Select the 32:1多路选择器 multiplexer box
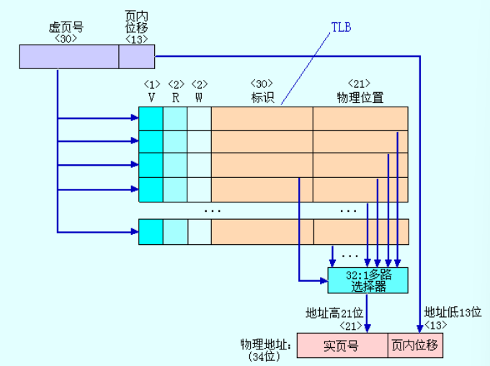click(367, 280)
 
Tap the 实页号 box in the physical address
click(342, 346)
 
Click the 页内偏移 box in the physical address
click(415, 346)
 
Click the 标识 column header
click(262, 97)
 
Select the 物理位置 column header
click(360, 97)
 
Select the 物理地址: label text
click(266, 344)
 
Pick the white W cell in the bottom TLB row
click(200, 231)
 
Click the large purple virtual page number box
click(69, 56)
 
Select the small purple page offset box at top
click(136, 56)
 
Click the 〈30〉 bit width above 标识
click(262, 84)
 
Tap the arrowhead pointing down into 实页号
click(367, 328)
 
